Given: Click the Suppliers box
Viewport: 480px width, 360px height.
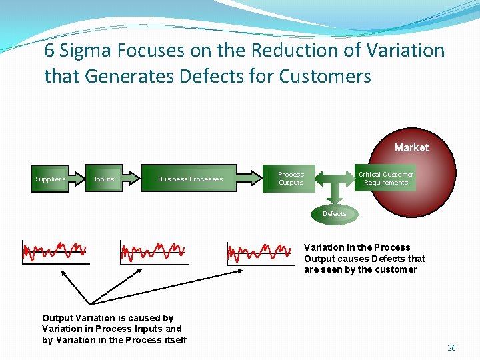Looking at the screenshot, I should pyautogui.click(x=51, y=179).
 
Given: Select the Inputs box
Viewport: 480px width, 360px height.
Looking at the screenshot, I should pyautogui.click(x=105, y=179).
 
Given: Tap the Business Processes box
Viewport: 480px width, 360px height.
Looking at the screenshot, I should pyautogui.click(x=190, y=179).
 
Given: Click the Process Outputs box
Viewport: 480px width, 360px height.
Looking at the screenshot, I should pyautogui.click(x=290, y=178).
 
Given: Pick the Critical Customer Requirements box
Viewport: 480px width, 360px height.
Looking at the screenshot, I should pyautogui.click(x=385, y=178).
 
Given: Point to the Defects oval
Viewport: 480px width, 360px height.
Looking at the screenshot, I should pyautogui.click(x=335, y=214).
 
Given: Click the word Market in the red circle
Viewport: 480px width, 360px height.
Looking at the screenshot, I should pyautogui.click(x=411, y=147).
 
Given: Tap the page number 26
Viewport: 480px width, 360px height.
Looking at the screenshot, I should pyautogui.click(x=451, y=348).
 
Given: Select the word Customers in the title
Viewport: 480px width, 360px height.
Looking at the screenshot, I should pyautogui.click(x=325, y=77).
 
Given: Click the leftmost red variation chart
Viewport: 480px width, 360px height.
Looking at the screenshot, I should pyautogui.click(x=55, y=252).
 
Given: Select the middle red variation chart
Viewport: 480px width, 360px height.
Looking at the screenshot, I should pyautogui.click(x=153, y=252).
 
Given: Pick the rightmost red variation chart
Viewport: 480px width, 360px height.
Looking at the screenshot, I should pyautogui.click(x=260, y=252).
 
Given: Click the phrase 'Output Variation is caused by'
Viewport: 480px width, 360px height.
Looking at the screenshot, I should pyautogui.click(x=107, y=318).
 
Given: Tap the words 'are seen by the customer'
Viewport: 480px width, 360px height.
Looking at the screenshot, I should pyautogui.click(x=360, y=269).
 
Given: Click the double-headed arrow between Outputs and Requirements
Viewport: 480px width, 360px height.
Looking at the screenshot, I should pyautogui.click(x=335, y=179).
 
